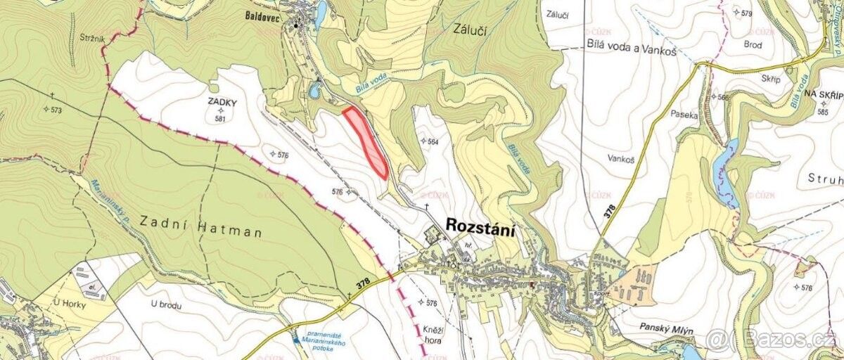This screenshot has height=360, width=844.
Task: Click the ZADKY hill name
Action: click(x=222, y=102)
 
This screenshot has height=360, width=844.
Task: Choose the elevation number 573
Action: click(x=56, y=110)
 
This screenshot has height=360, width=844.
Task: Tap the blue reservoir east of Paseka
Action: click(x=724, y=169)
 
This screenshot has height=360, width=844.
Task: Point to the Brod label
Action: click(x=753, y=44)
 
